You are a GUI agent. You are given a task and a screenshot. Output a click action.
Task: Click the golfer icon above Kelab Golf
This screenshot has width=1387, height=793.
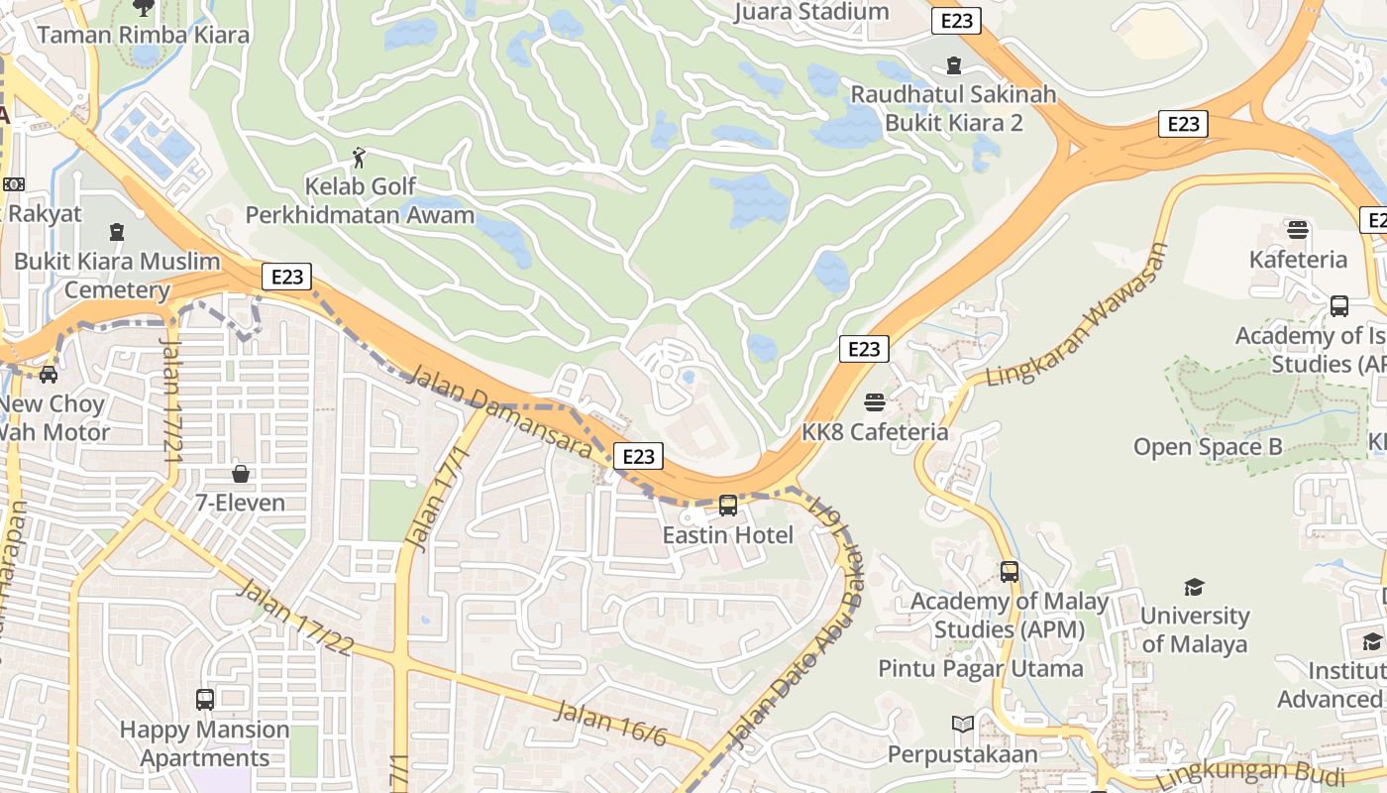point(359,157)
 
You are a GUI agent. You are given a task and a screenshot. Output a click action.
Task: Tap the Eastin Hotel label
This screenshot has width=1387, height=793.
point(728,535)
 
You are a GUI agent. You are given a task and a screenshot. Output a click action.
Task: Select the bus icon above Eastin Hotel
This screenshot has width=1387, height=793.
point(728,506)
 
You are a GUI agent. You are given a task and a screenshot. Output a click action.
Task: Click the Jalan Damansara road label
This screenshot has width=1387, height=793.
point(499,411)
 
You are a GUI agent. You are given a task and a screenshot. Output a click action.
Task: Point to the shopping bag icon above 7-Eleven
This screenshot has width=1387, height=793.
point(240,474)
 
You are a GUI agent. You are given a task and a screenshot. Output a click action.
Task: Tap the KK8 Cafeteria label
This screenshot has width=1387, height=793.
point(875,432)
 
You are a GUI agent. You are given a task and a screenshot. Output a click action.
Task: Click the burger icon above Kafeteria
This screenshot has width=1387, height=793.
point(1298,230)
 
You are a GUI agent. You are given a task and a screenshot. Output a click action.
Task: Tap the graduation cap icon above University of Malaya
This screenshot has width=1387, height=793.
point(1194,587)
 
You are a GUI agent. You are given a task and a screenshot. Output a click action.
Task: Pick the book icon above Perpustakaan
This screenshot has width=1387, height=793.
point(962,725)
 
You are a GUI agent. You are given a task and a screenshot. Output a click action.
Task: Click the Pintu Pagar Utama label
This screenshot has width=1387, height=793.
point(981,669)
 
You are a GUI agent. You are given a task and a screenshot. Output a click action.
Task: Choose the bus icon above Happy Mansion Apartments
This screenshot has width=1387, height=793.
point(205,700)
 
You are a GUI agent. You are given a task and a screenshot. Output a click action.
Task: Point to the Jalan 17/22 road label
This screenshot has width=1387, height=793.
point(295,618)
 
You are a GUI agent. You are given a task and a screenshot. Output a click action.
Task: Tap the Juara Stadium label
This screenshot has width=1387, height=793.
point(811,13)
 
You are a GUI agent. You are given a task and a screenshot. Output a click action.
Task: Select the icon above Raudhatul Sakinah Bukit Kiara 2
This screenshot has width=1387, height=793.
point(953,65)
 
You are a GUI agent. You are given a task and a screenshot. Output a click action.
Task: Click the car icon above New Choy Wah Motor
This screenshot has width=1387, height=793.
point(48,374)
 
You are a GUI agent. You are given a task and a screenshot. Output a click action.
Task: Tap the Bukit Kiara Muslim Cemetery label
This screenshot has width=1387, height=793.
point(117,276)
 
